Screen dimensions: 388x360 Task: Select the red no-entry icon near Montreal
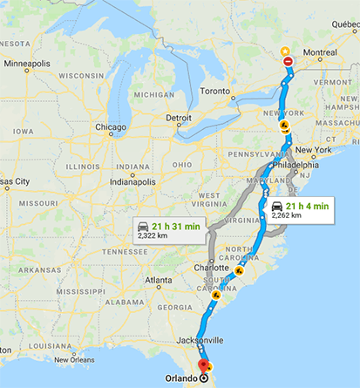point(289,61)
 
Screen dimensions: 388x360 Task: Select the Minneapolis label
point(27,64)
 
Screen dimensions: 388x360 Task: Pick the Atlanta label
point(159,280)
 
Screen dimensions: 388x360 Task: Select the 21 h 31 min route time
point(176,226)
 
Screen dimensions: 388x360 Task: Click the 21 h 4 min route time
point(306,206)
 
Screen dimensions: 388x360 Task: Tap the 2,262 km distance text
point(287,214)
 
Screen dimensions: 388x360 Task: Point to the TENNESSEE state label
point(125,251)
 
